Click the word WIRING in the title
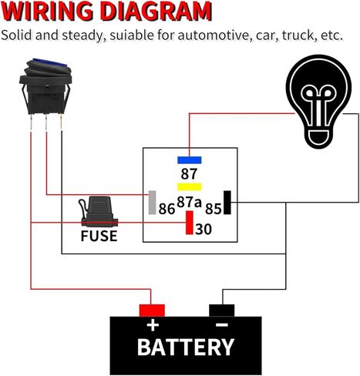pos(49,12)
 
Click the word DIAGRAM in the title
pos(154,12)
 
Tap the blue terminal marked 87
pos(189,160)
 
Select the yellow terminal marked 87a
pos(190,187)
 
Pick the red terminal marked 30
pos(188,222)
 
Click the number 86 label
pos(167,208)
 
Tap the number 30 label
pos(204,229)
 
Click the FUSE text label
pos(99,236)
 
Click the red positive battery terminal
pos(152,310)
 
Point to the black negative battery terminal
pos(222,310)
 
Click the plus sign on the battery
pos(153,324)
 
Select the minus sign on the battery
pos(221,324)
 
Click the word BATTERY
pos(185,347)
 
